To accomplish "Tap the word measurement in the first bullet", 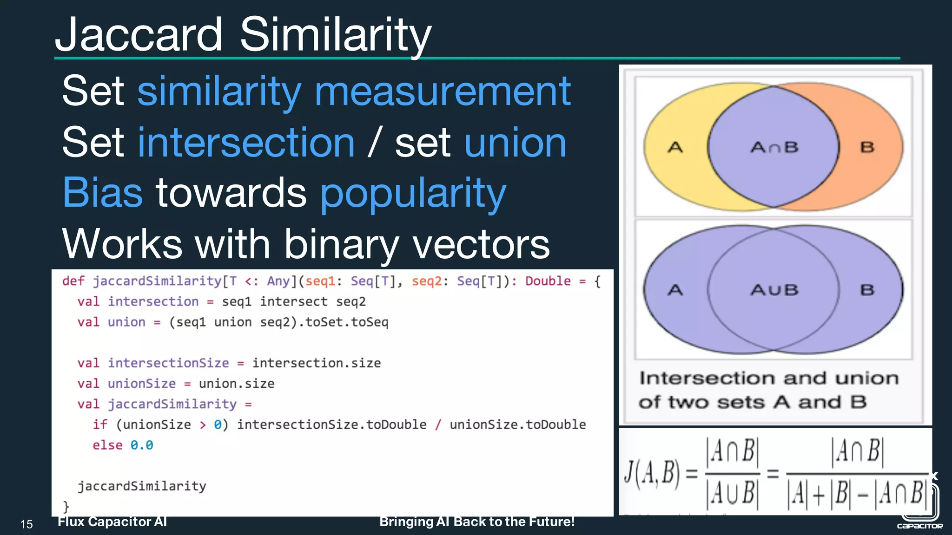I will click(x=443, y=91).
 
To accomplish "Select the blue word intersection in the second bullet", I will click(x=246, y=143).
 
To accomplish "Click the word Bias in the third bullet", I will click(x=102, y=193).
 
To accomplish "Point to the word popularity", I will click(x=413, y=194).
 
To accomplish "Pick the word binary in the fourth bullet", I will click(x=342, y=245).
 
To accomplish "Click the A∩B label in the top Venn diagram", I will click(x=774, y=148).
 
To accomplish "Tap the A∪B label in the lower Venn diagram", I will click(x=774, y=290).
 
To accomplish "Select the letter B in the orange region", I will click(x=867, y=148).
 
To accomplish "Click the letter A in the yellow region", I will click(x=675, y=148).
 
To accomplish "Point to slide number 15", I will click(x=26, y=524).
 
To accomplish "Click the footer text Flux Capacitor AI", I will click(x=112, y=522).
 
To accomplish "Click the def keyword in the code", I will click(x=73, y=281).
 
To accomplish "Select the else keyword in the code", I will click(x=107, y=445).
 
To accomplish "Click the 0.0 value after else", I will click(x=142, y=445).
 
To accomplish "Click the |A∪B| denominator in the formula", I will click(x=732, y=493).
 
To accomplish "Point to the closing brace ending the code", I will click(x=66, y=506).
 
